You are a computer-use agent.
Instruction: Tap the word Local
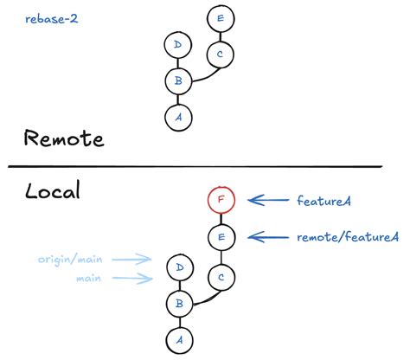(x=52, y=190)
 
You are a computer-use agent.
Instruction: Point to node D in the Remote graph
(x=177, y=44)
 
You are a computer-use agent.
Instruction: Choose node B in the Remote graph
(x=177, y=81)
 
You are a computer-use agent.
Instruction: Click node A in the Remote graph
(x=177, y=116)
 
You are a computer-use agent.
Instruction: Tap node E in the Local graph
(x=221, y=236)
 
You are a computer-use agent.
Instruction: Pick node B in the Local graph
(x=177, y=303)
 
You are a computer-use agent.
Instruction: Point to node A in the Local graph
(x=177, y=338)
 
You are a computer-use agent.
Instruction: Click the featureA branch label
(x=329, y=200)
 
